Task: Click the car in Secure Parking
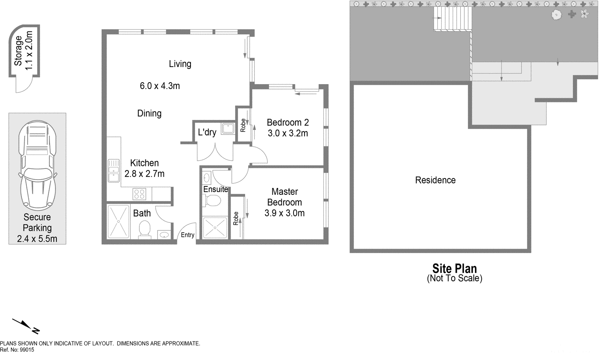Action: point(37,165)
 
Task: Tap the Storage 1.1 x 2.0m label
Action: point(23,51)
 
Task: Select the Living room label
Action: point(180,64)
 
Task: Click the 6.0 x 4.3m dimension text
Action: point(159,86)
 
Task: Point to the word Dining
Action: point(149,113)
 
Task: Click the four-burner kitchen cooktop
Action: point(139,194)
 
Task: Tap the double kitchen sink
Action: point(113,170)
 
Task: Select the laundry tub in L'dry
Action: point(228,128)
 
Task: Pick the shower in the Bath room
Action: point(119,221)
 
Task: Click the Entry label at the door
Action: point(187,235)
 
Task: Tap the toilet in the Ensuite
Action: point(213,200)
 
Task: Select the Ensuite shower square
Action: point(215,228)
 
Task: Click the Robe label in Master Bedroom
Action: point(236,219)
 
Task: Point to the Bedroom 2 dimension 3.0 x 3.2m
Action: point(288,133)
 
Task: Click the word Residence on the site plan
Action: point(435,180)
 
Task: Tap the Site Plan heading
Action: point(454,268)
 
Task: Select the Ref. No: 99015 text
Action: point(17,350)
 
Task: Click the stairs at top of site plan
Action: point(453,19)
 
